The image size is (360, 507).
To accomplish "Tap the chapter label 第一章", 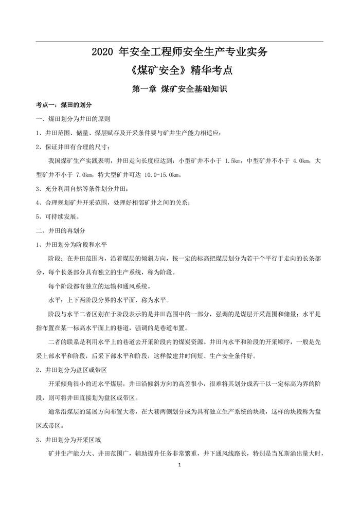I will pos(145,88).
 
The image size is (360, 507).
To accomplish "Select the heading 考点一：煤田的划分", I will pos(63,104).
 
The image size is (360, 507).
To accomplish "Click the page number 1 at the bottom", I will pos(179,465).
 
